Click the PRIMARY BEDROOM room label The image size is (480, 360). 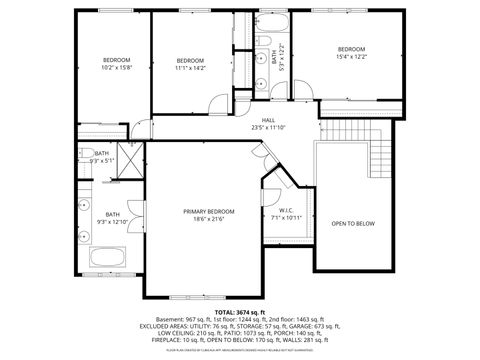[209, 211]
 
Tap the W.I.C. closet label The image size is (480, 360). [286, 210]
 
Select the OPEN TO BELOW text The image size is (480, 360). [353, 223]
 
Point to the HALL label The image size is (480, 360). [269, 120]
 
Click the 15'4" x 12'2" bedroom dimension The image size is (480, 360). [351, 57]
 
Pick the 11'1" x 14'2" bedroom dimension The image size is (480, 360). [190, 68]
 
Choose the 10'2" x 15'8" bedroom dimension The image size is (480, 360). [116, 67]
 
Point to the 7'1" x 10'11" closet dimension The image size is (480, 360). [286, 217]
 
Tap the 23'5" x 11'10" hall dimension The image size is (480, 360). [269, 128]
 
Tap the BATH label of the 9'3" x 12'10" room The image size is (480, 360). [112, 214]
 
